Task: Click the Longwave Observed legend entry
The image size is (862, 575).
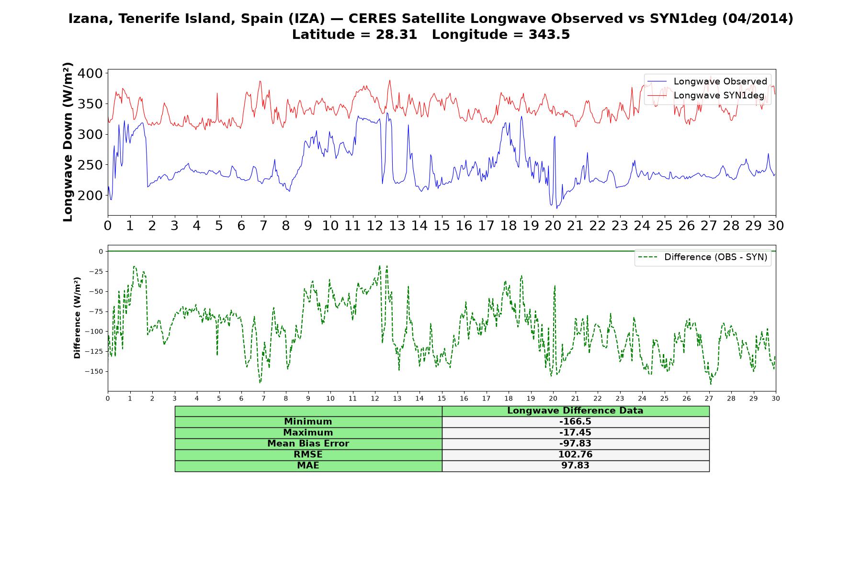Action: (x=707, y=81)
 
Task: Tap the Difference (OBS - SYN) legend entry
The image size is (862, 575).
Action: (x=703, y=257)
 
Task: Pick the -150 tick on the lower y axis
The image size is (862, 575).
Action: (x=94, y=371)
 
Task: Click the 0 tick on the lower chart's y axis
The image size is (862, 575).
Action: (x=101, y=251)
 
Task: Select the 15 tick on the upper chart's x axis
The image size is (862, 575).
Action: (x=442, y=225)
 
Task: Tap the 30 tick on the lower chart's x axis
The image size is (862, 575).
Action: (x=776, y=398)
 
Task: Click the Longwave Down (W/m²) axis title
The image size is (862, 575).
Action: (x=68, y=142)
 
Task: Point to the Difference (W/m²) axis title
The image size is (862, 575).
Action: (x=77, y=318)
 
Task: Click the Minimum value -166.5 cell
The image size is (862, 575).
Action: (x=575, y=422)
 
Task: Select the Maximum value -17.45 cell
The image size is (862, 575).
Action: (x=575, y=433)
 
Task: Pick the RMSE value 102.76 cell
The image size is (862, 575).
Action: (x=575, y=454)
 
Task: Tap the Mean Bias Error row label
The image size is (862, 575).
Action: (x=308, y=444)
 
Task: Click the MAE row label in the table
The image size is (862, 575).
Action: (x=308, y=465)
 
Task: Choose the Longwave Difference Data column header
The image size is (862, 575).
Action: (x=575, y=411)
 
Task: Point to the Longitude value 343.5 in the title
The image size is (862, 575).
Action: (x=549, y=34)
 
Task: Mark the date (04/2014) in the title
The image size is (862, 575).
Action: (x=758, y=19)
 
